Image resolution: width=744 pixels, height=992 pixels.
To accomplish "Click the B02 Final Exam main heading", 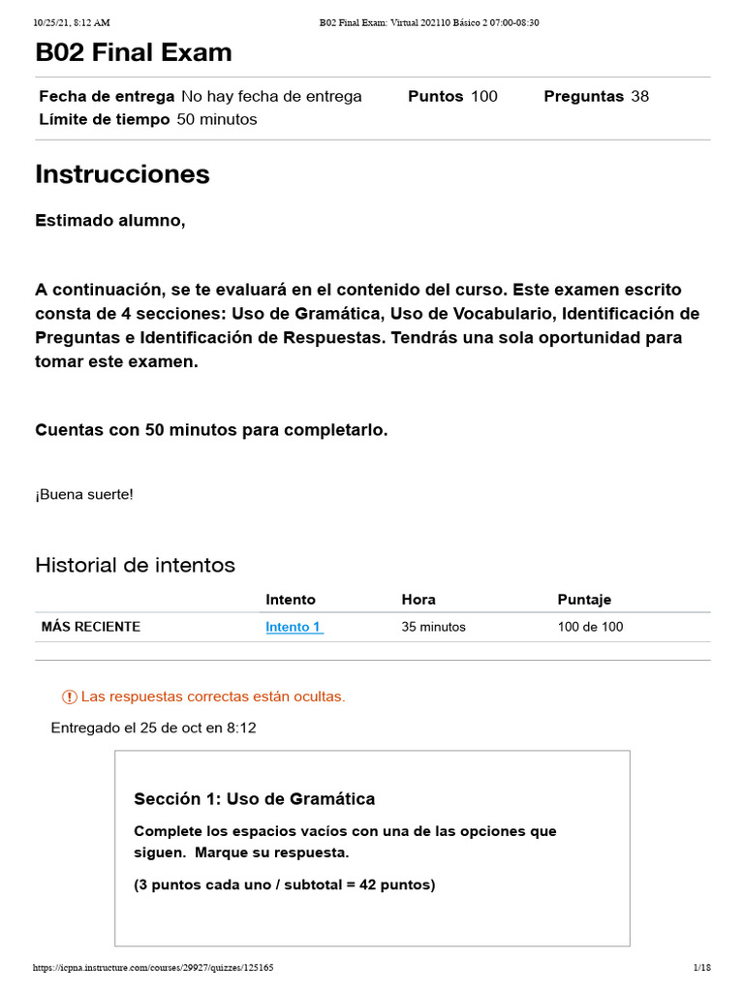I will [x=134, y=52].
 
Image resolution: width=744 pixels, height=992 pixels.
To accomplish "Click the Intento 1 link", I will [x=294, y=627].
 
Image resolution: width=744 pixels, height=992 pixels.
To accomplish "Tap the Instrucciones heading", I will [x=122, y=174].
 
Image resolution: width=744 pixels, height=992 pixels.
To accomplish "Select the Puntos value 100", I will [x=484, y=96].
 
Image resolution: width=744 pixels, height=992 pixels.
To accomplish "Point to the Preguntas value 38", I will [x=639, y=96].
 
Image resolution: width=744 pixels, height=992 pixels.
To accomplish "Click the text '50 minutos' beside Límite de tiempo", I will [x=217, y=119].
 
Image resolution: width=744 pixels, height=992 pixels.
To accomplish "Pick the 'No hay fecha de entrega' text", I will [x=271, y=96].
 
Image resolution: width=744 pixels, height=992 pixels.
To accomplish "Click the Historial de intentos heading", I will [x=135, y=565].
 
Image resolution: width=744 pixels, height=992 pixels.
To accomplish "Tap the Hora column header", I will [x=418, y=600].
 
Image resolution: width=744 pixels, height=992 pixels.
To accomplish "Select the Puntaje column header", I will [x=584, y=600].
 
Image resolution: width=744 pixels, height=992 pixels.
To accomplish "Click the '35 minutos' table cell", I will [x=433, y=627].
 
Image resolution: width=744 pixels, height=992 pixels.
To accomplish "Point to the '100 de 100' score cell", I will [x=590, y=627].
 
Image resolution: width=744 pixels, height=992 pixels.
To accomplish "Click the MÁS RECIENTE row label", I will [x=91, y=627].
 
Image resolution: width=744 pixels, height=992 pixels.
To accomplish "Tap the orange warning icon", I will [x=69, y=697].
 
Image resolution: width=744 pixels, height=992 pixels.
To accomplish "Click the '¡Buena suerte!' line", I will [x=84, y=494].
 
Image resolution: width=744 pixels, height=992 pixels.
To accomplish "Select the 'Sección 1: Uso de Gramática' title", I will [x=254, y=799].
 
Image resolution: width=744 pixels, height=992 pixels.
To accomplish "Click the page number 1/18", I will [x=702, y=968].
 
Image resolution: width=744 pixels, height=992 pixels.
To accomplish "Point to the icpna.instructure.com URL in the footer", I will [x=153, y=968].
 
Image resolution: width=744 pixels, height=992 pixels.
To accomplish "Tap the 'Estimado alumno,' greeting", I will [x=109, y=221].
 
